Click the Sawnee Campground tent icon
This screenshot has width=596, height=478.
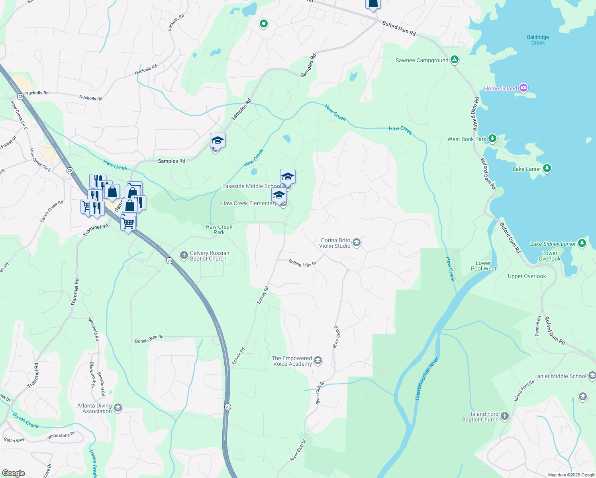click(x=455, y=60)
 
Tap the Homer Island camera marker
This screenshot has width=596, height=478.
click(x=523, y=88)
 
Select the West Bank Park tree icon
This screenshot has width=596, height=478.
click(x=492, y=139)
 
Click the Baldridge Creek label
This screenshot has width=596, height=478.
click(x=538, y=40)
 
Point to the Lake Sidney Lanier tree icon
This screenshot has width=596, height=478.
click(x=582, y=243)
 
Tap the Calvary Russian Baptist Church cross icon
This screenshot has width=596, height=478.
click(x=184, y=255)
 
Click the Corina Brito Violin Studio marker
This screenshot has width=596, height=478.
click(x=357, y=243)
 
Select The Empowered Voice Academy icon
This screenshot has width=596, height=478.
click(x=318, y=360)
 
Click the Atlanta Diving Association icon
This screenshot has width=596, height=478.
click(x=118, y=408)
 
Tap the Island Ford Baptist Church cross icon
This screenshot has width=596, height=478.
click(x=504, y=416)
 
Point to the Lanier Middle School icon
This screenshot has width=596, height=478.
click(x=592, y=376)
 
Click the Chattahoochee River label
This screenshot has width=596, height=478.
click(x=427, y=379)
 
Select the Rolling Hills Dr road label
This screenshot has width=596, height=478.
click(x=302, y=263)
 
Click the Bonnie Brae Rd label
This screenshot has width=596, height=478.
click(x=149, y=339)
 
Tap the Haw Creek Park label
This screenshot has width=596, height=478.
click(x=219, y=229)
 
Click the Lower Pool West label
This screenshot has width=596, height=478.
click(x=483, y=266)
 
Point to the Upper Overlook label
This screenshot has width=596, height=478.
click(x=527, y=276)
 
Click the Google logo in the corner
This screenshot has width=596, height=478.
click(x=13, y=473)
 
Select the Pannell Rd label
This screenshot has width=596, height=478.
click(x=538, y=326)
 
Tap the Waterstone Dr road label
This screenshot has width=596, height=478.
click(x=61, y=436)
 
